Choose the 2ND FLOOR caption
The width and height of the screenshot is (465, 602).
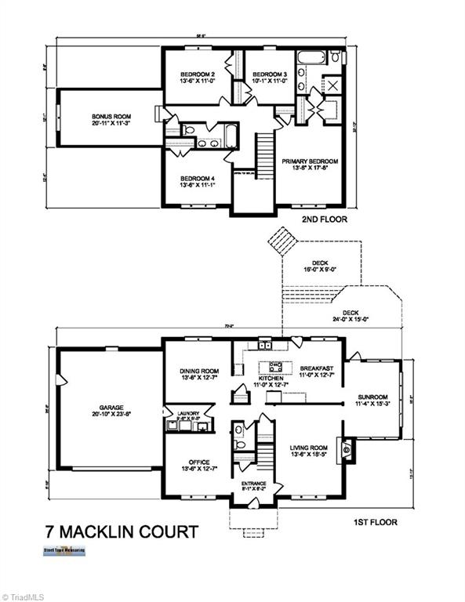point(323,220)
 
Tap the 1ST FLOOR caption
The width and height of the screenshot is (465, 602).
point(374,521)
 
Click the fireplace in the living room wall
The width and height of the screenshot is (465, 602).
point(346,449)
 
